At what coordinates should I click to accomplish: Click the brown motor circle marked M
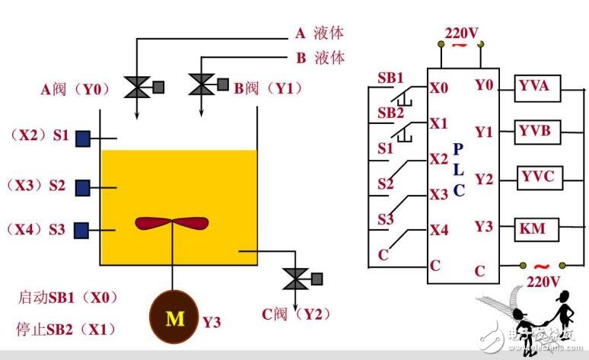[x=175, y=318]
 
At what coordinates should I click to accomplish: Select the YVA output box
[x=535, y=87]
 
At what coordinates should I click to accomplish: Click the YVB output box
[x=535, y=132]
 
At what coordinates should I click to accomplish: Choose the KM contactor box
[x=538, y=227]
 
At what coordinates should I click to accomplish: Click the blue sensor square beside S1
[x=83, y=139]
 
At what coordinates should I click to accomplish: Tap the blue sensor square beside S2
[x=83, y=185]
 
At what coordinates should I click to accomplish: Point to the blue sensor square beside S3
[x=83, y=229]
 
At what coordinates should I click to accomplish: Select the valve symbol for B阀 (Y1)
[x=201, y=85]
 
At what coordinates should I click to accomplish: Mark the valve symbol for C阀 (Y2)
[x=292, y=279]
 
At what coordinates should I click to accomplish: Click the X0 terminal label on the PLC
[x=438, y=87]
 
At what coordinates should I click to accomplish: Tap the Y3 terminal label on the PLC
[x=484, y=226]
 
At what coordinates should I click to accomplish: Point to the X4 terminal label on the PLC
[x=438, y=229]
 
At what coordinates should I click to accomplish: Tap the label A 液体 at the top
[x=320, y=33]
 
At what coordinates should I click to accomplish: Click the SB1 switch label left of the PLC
[x=391, y=78]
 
